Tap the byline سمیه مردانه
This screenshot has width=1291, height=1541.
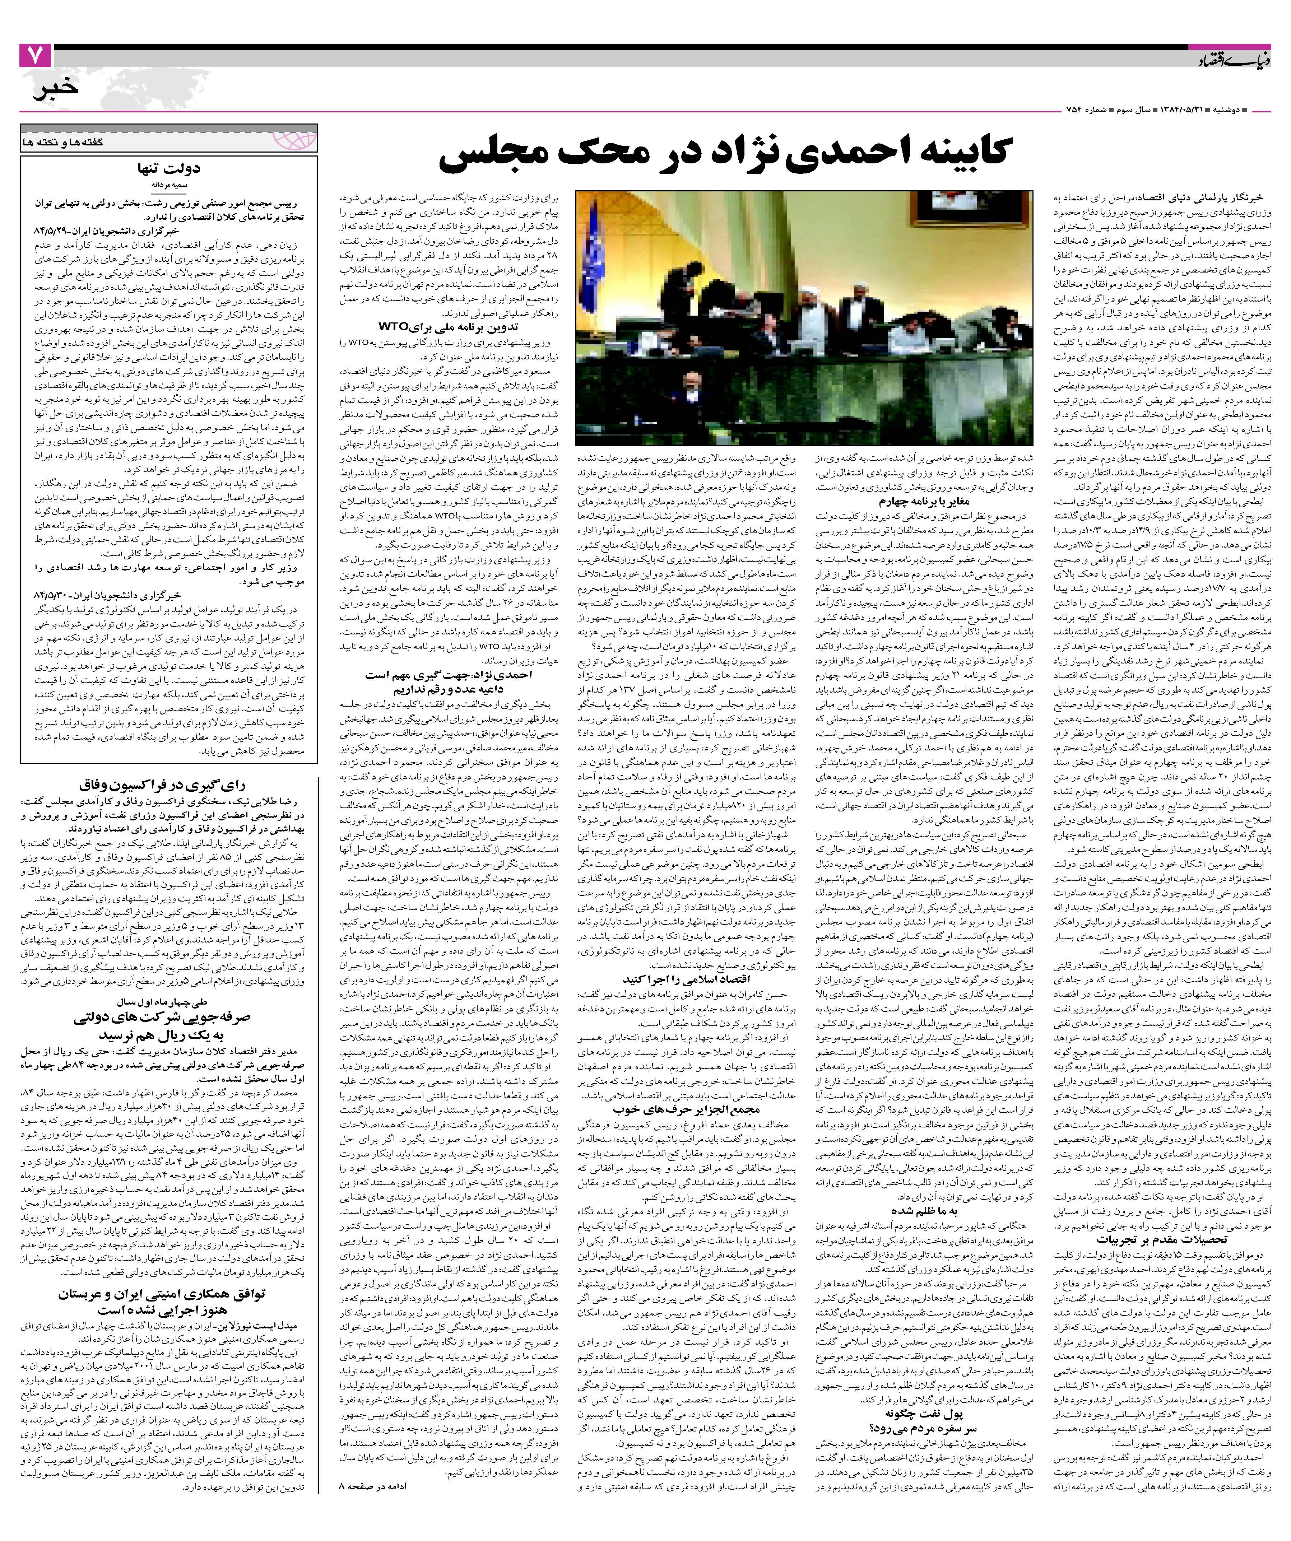tap(169, 185)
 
